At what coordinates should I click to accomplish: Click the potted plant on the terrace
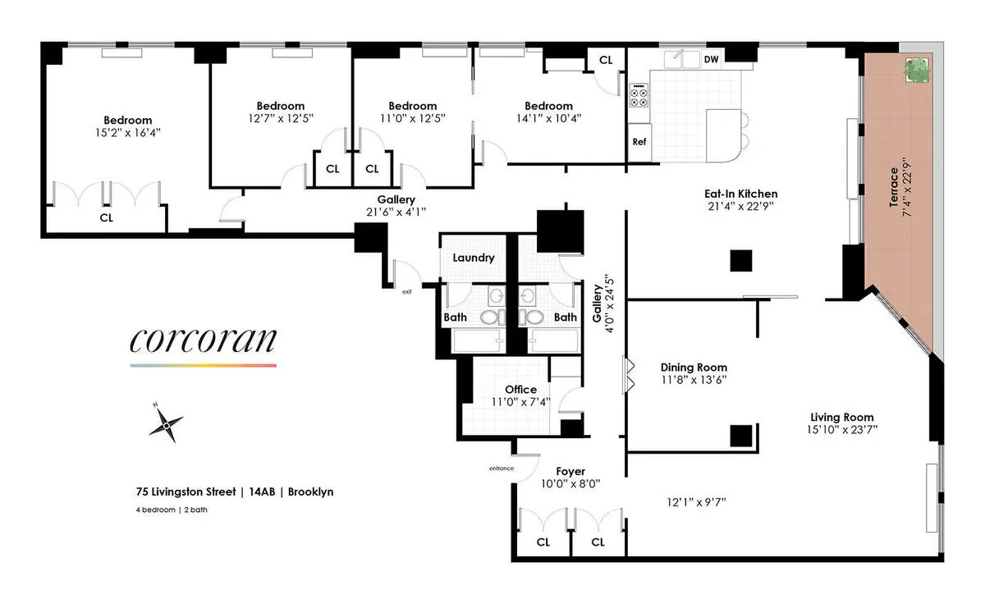tap(916, 71)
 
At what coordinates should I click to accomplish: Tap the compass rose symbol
tap(167, 424)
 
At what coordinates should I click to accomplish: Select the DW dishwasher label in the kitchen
tap(711, 59)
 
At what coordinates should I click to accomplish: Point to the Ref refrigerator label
tap(639, 141)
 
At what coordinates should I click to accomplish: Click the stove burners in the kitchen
tap(639, 96)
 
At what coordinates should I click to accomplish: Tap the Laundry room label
tap(474, 258)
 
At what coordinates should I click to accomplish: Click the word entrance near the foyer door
tap(501, 468)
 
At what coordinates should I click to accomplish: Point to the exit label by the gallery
tap(405, 291)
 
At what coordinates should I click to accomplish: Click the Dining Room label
tap(694, 368)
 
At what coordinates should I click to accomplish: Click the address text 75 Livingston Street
tap(187, 492)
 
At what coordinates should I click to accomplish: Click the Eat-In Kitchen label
tap(740, 194)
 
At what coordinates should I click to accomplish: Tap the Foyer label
tap(570, 471)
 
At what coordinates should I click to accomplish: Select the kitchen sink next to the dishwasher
tap(683, 58)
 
